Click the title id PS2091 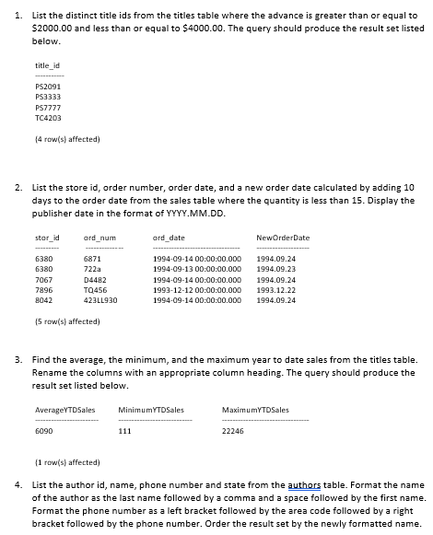(x=47, y=84)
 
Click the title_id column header (x=46, y=64)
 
